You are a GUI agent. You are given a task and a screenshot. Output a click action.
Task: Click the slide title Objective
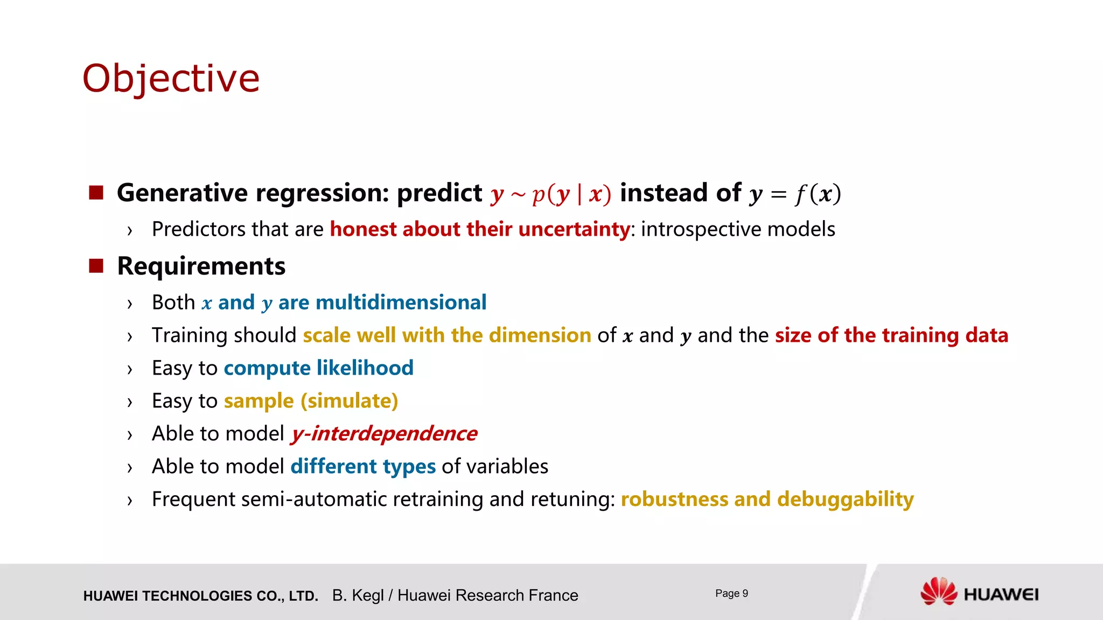[171, 79]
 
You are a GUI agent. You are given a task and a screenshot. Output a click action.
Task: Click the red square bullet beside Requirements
[96, 266]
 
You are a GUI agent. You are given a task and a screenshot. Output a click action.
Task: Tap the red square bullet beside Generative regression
[96, 193]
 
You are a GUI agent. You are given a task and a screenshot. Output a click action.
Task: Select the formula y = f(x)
[795, 194]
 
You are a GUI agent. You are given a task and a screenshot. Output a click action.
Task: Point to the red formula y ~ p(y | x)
[550, 194]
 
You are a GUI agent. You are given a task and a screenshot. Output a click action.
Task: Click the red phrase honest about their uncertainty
[479, 229]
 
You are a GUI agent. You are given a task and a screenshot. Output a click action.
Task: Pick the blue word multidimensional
[401, 302]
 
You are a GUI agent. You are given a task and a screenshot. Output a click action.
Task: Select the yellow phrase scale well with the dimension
[446, 335]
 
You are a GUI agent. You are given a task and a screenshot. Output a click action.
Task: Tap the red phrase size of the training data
[891, 335]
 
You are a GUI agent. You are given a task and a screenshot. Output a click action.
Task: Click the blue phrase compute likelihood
[318, 368]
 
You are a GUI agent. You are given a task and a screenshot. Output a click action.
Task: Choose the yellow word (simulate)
[349, 401]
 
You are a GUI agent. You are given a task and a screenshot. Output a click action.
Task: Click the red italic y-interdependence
[383, 434]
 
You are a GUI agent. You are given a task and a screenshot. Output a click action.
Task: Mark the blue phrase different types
[362, 467]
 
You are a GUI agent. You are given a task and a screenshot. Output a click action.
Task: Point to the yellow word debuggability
[845, 499]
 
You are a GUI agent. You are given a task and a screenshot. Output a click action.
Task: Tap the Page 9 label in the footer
[731, 593]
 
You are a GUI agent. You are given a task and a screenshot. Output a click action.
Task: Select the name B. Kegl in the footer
[358, 595]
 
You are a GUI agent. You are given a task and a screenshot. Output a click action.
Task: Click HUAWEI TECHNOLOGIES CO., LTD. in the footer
[200, 596]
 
